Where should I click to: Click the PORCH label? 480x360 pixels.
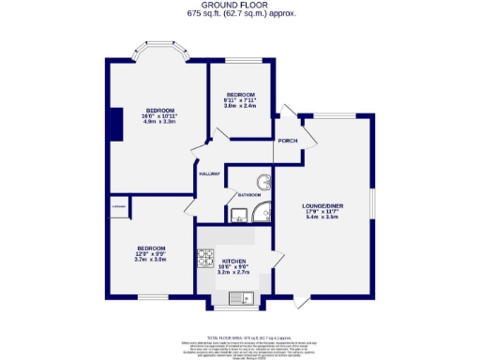point(286,142)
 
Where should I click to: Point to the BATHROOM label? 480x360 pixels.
point(248,195)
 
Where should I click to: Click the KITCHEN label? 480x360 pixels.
point(232,262)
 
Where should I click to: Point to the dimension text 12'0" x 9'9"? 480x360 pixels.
point(150,254)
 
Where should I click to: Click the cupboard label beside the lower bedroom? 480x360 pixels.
point(118,206)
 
